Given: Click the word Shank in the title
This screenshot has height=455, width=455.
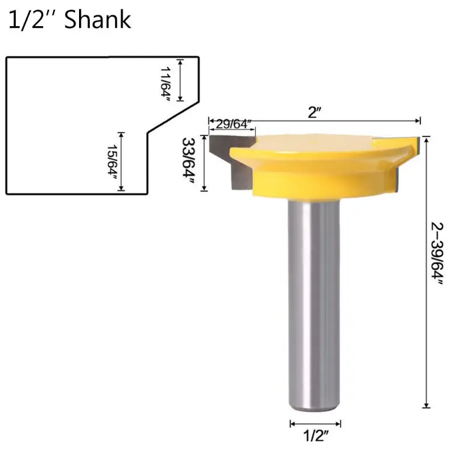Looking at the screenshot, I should pos(98,20).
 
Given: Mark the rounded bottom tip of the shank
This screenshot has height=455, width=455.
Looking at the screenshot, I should pos(316,408).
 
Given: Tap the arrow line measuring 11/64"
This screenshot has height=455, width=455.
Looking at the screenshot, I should pos(181,80).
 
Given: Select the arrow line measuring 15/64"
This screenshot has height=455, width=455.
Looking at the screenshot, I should pos(121,163).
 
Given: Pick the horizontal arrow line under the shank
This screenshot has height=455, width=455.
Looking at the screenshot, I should pos(316,424).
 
